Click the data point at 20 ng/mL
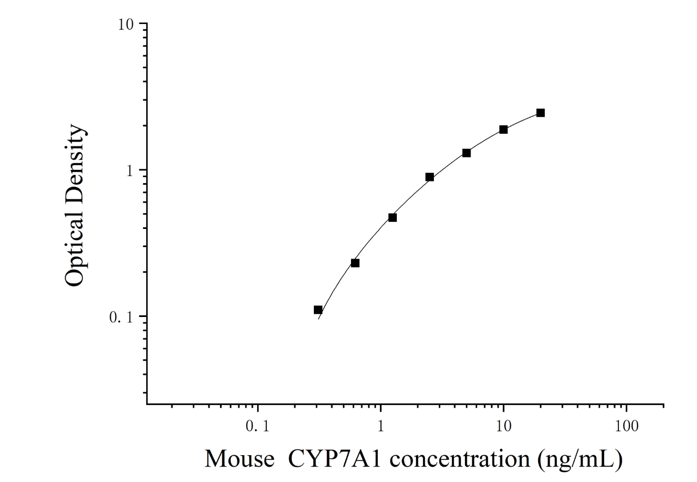540,113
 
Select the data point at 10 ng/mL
503,130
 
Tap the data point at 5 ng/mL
467,153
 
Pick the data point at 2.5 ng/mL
430,177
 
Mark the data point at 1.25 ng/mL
392,218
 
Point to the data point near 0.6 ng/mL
355,263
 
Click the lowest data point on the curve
318,310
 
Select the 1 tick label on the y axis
130,171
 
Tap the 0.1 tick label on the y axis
122,317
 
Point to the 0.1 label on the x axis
257,426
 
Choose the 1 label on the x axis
380,426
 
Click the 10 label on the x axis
503,426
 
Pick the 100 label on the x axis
627,426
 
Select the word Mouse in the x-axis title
239,459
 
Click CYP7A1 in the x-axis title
335,459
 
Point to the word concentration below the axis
460,459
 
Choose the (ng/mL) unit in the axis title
580,459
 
